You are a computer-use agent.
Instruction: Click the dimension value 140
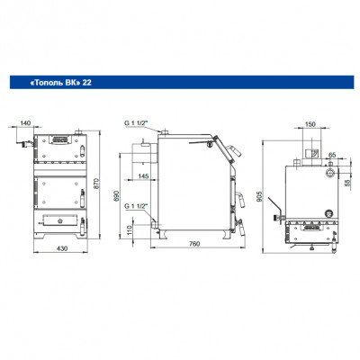25,123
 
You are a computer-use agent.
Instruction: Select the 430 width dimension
62,248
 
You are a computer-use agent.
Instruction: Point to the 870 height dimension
95,183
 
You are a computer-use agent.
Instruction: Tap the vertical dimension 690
117,195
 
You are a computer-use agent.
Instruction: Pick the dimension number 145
143,176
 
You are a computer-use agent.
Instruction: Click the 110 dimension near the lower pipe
129,230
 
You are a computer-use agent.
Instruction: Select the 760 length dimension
194,244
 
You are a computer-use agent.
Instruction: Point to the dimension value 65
332,155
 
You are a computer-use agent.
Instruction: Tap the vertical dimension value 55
347,183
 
